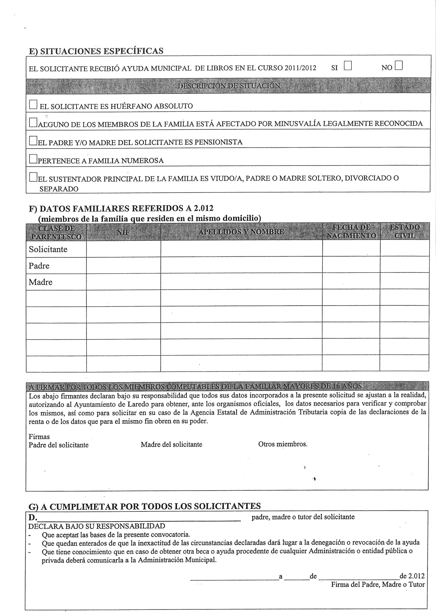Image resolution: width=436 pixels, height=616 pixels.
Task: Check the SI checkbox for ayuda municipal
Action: pos(348,66)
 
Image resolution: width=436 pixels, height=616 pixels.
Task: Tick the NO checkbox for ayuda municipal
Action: pos(399,66)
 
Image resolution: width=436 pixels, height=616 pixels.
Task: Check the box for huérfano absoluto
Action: pos(33,104)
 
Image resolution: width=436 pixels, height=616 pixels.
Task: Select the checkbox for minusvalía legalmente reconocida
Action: pos(33,122)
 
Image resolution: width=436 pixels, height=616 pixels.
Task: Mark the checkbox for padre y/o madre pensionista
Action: pos(33,141)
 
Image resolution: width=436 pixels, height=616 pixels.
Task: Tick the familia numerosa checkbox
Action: pos(33,159)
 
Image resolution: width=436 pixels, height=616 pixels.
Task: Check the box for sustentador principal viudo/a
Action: pos(33,177)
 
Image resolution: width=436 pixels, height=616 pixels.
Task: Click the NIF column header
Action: pos(123,232)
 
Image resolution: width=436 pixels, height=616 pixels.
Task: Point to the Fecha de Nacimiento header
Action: pos(351,232)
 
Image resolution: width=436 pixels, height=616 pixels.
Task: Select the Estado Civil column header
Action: pos(404,232)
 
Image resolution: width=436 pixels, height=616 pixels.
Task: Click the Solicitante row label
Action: pos(48,249)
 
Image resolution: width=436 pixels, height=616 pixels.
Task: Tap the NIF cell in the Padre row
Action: pos(123,265)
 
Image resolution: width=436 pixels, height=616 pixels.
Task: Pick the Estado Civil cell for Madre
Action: pos(404,281)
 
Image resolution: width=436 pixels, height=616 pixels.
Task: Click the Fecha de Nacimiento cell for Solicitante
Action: pos(351,249)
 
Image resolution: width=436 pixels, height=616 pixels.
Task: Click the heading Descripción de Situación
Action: pos(229,85)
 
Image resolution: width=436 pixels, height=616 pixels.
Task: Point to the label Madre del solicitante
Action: pos(171,445)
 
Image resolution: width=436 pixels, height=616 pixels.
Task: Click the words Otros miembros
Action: pos(283,444)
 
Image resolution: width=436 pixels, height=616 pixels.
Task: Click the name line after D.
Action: pos(140,517)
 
